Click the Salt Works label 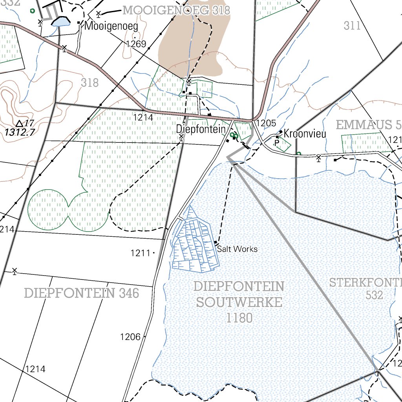(237, 249)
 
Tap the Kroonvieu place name (305, 133)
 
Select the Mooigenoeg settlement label (111, 27)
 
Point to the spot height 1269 (136, 44)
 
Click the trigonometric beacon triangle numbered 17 (20, 123)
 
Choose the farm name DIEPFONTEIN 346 (81, 293)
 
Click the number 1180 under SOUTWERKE (239, 318)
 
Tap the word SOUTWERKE (239, 302)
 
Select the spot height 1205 (266, 123)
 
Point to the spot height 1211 (141, 253)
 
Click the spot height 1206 (130, 336)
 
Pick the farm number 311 (352, 26)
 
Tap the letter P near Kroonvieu (277, 143)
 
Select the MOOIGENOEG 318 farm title (176, 10)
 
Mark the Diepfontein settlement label (201, 129)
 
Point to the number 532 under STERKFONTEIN (374, 295)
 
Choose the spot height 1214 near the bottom (35, 369)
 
